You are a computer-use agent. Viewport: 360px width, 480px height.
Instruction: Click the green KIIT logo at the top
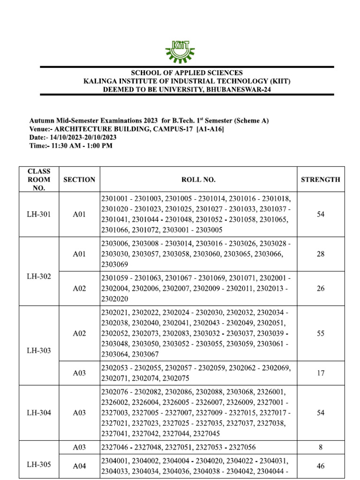point(180,51)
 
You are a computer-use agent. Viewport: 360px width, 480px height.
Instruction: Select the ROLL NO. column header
point(198,180)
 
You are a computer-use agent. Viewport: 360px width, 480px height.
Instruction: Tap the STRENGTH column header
point(321,180)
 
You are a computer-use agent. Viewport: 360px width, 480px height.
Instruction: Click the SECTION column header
point(79,180)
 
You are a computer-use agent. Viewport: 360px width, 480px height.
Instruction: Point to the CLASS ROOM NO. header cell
point(39,180)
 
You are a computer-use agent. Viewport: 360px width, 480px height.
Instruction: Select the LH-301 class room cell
point(39,214)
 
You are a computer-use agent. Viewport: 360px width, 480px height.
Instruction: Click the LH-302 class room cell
point(39,276)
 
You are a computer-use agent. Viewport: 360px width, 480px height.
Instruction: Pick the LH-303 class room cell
point(39,350)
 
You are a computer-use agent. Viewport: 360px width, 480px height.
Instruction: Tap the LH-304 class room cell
point(39,413)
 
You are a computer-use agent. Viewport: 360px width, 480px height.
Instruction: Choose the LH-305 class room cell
point(39,465)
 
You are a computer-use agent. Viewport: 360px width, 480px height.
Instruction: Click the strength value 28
point(321,254)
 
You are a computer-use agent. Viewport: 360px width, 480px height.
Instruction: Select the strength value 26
point(321,288)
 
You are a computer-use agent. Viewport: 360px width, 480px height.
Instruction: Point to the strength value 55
point(321,333)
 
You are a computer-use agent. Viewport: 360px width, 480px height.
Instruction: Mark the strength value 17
point(321,373)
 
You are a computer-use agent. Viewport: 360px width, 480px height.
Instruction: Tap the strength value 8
point(321,447)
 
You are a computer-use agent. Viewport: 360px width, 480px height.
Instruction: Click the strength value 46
point(321,466)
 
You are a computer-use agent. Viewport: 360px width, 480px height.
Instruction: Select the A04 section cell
point(79,466)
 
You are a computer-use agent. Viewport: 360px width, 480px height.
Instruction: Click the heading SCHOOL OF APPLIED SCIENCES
point(187,73)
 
